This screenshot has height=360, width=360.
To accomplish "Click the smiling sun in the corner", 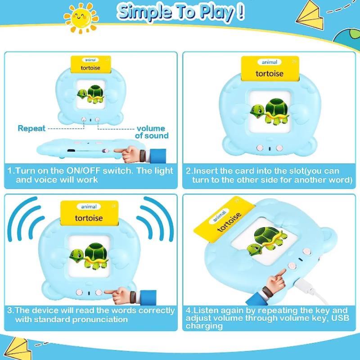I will pyautogui.click(x=81, y=18).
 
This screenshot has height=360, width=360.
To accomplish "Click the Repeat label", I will pyautogui.click(x=31, y=129).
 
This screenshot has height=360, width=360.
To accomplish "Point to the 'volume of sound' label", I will pyautogui.click(x=151, y=132).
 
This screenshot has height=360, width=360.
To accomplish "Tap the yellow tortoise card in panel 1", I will pyautogui.click(x=92, y=65).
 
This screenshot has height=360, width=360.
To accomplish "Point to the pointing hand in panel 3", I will pyautogui.click(x=128, y=295).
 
